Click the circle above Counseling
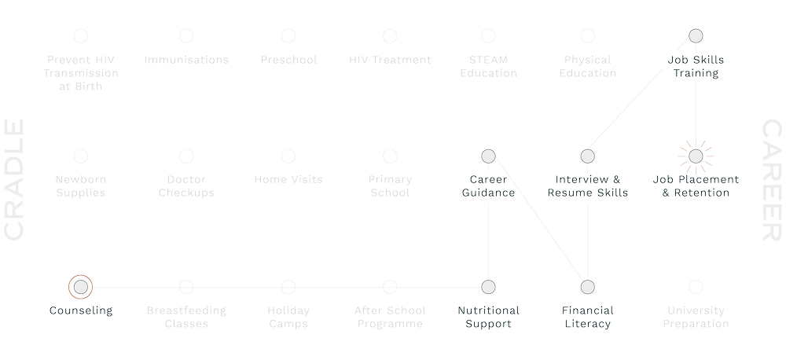pyautogui.click(x=79, y=286)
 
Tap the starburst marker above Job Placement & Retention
pyautogui.click(x=695, y=155)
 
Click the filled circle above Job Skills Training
pyautogui.click(x=695, y=35)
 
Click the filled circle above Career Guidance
pyautogui.click(x=487, y=155)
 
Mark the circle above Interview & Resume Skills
pyautogui.click(x=588, y=155)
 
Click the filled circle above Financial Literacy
pyautogui.click(x=588, y=286)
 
